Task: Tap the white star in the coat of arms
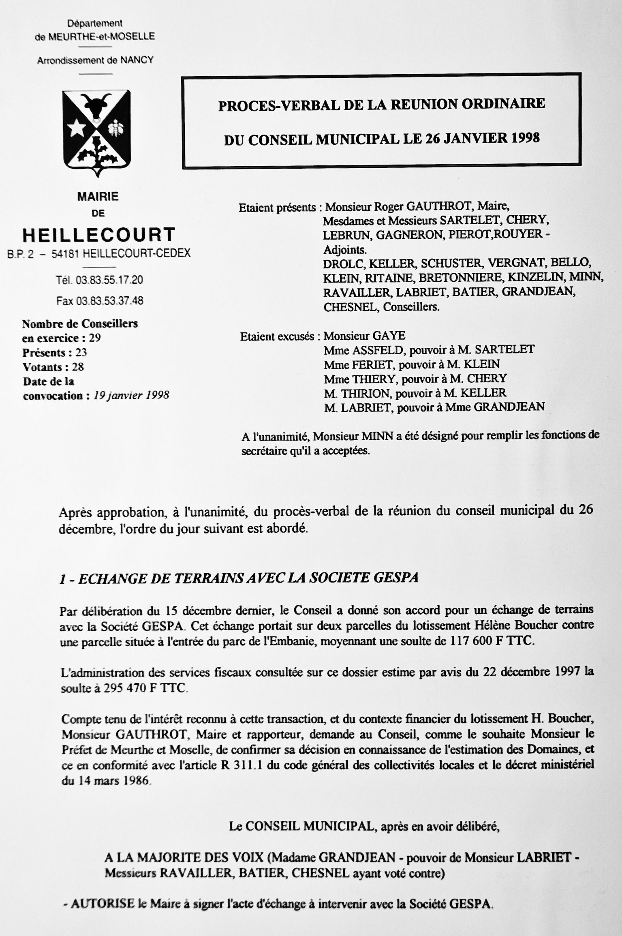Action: [x=77, y=129]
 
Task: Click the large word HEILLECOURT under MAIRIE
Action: [x=99, y=235]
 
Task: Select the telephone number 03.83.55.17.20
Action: [x=109, y=280]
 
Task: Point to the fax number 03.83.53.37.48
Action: [x=109, y=301]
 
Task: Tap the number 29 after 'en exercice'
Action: [x=94, y=338]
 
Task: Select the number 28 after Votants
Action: [x=77, y=367]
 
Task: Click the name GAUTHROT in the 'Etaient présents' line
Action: [x=439, y=206]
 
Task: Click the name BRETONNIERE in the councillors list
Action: [x=460, y=278]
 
